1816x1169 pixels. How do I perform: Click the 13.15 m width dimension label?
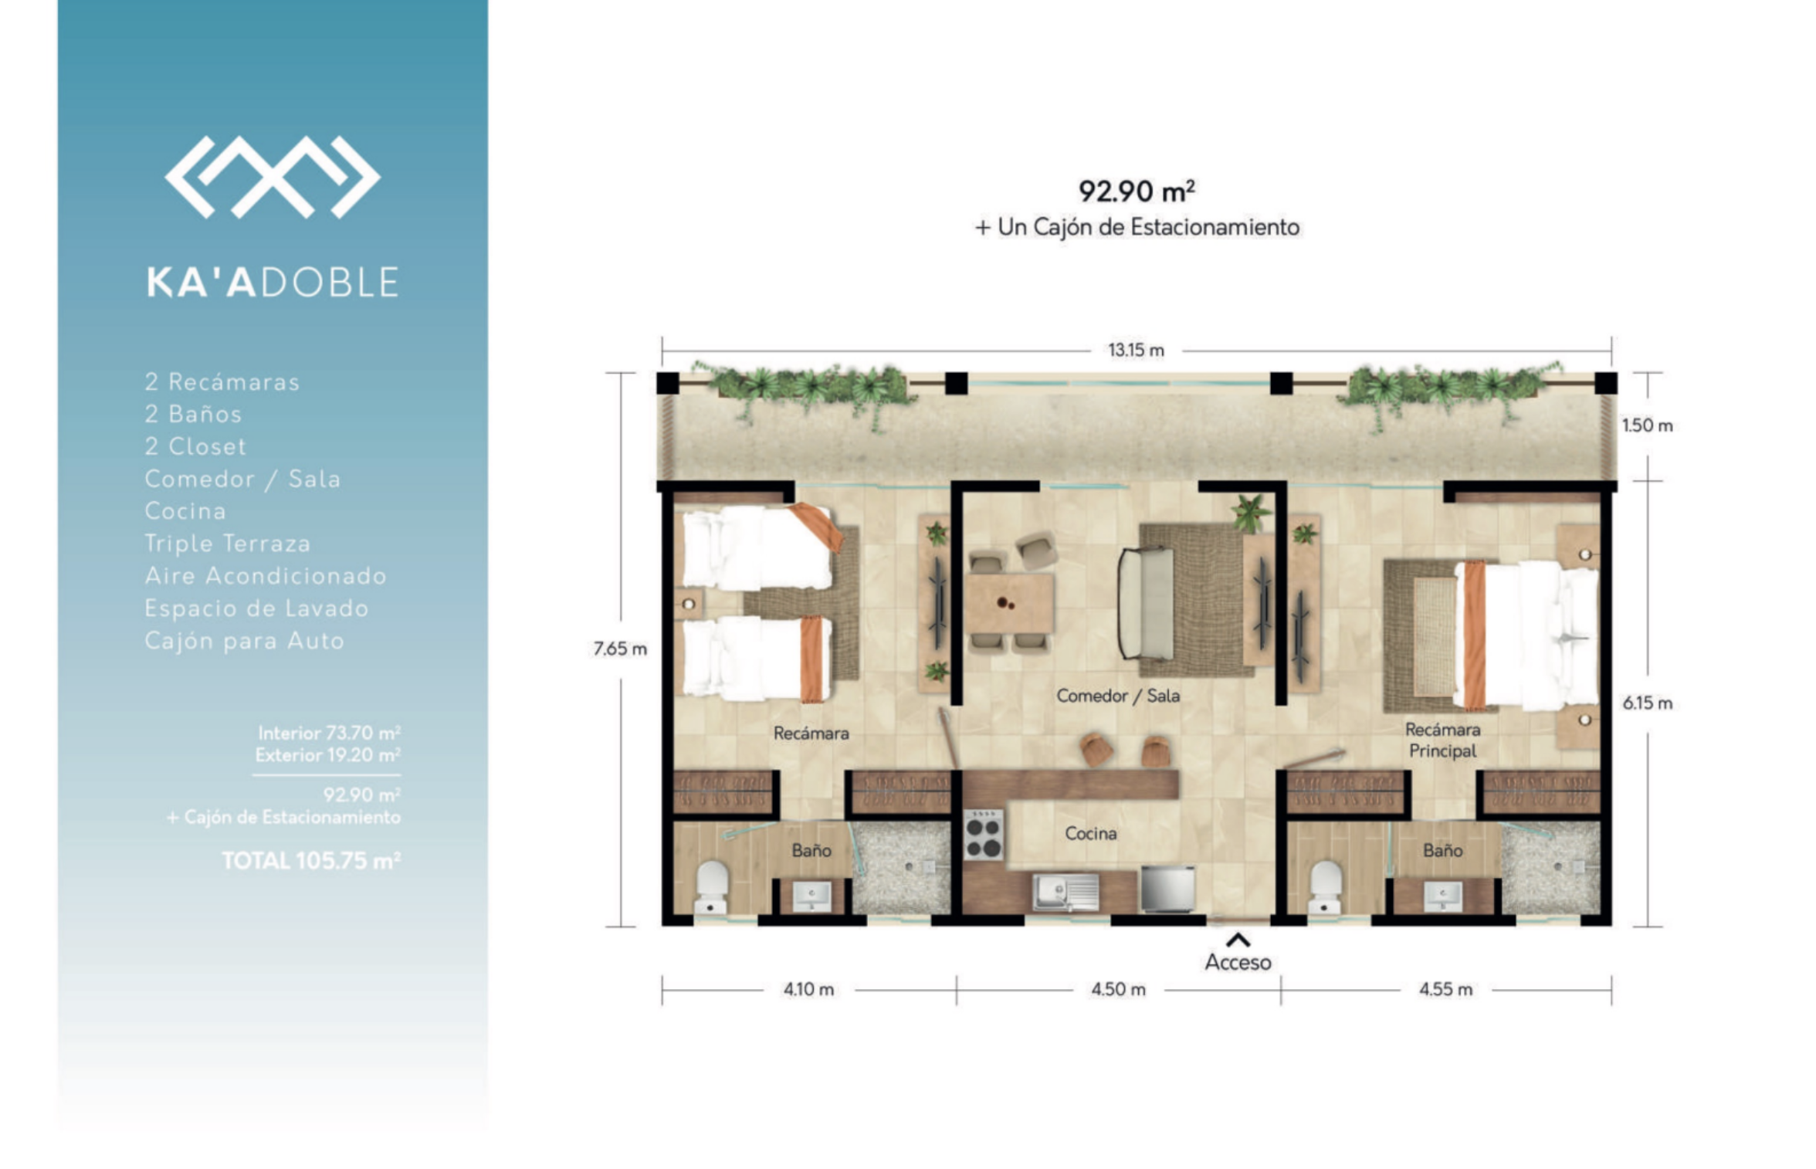pos(1136,350)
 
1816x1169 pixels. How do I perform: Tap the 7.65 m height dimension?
pos(620,649)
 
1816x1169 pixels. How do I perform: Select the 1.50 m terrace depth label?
pos(1647,425)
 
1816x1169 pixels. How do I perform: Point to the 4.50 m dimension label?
pos(1118,989)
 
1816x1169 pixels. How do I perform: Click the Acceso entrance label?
pos(1238,962)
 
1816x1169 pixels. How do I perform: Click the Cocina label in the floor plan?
pos(1090,833)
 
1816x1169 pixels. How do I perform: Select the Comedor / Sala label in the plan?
pos(1118,696)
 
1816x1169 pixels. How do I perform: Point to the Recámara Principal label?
pos(1442,740)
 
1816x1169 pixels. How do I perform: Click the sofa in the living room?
pos(1146,603)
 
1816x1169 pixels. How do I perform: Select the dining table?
pos(1008,603)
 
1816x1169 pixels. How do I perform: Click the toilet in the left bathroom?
pos(712,887)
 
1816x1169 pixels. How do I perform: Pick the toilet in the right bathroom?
pos(1326,887)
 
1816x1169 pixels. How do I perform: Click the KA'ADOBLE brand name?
pos(273,282)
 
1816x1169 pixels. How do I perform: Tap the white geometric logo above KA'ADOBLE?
pos(273,177)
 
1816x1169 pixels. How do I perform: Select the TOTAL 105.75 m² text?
pos(311,860)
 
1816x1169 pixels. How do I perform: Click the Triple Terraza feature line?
pos(228,544)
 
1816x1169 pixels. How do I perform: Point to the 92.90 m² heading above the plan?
pos(1137,191)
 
